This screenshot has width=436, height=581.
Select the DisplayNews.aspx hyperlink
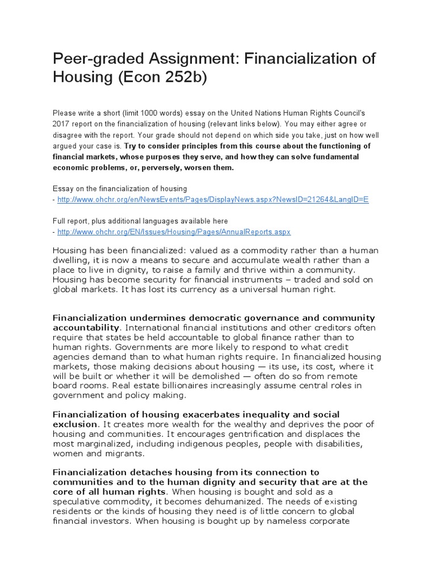click(213, 200)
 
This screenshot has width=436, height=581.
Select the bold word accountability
click(86, 327)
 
